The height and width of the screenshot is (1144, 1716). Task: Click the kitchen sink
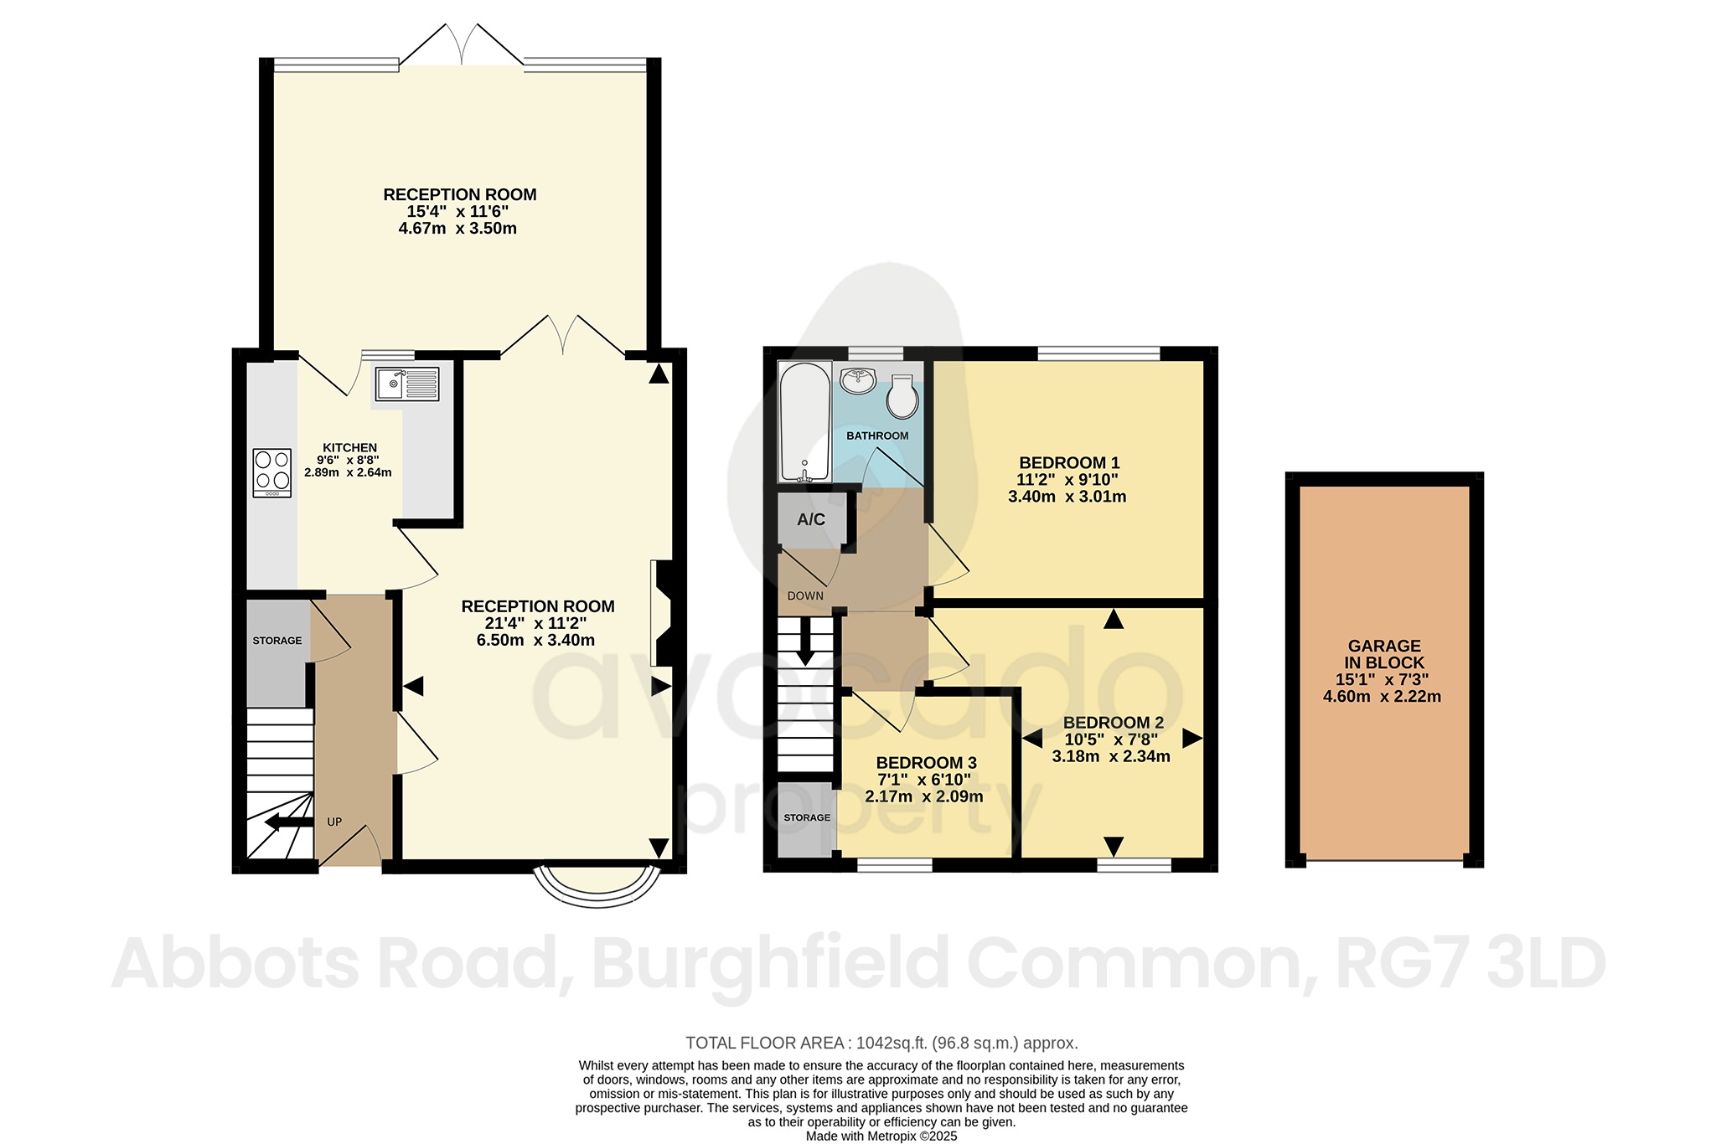(x=406, y=384)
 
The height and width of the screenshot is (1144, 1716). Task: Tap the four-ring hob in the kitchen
(x=272, y=472)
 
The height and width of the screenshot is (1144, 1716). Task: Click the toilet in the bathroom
(x=902, y=397)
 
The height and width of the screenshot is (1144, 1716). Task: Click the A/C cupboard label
(x=810, y=519)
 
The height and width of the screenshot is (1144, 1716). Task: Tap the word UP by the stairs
(x=334, y=822)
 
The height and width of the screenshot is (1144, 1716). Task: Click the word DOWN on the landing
(x=805, y=596)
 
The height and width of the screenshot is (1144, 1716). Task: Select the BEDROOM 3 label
(x=926, y=763)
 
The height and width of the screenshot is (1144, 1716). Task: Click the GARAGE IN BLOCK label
(x=1383, y=654)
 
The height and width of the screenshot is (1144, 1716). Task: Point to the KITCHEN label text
(x=349, y=448)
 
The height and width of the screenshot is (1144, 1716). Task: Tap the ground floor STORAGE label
(x=277, y=641)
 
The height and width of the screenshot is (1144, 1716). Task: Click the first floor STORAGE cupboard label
(x=807, y=817)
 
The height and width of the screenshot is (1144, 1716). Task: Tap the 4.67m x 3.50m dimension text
(x=457, y=229)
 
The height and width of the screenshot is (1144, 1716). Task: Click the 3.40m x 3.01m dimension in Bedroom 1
(x=1067, y=497)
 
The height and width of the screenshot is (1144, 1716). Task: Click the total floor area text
(x=881, y=1044)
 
